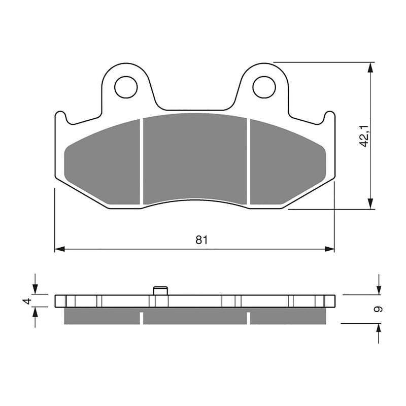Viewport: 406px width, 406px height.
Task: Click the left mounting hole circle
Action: pos(126,87)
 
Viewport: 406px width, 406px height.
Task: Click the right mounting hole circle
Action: pos(264,87)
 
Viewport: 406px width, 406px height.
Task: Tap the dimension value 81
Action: pos(201,240)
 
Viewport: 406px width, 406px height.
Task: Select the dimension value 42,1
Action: pos(363,136)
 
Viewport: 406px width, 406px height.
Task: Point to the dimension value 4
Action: pos(27,301)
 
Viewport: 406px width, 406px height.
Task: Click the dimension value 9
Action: pos(379,309)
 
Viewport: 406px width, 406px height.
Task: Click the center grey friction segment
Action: pos(195,158)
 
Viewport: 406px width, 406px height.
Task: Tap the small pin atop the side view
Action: pos(160,290)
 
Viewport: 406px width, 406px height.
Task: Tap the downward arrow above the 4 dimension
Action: pos(35,289)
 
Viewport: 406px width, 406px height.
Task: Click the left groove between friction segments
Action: pos(142,161)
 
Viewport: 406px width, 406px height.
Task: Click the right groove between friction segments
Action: pos(249,161)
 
